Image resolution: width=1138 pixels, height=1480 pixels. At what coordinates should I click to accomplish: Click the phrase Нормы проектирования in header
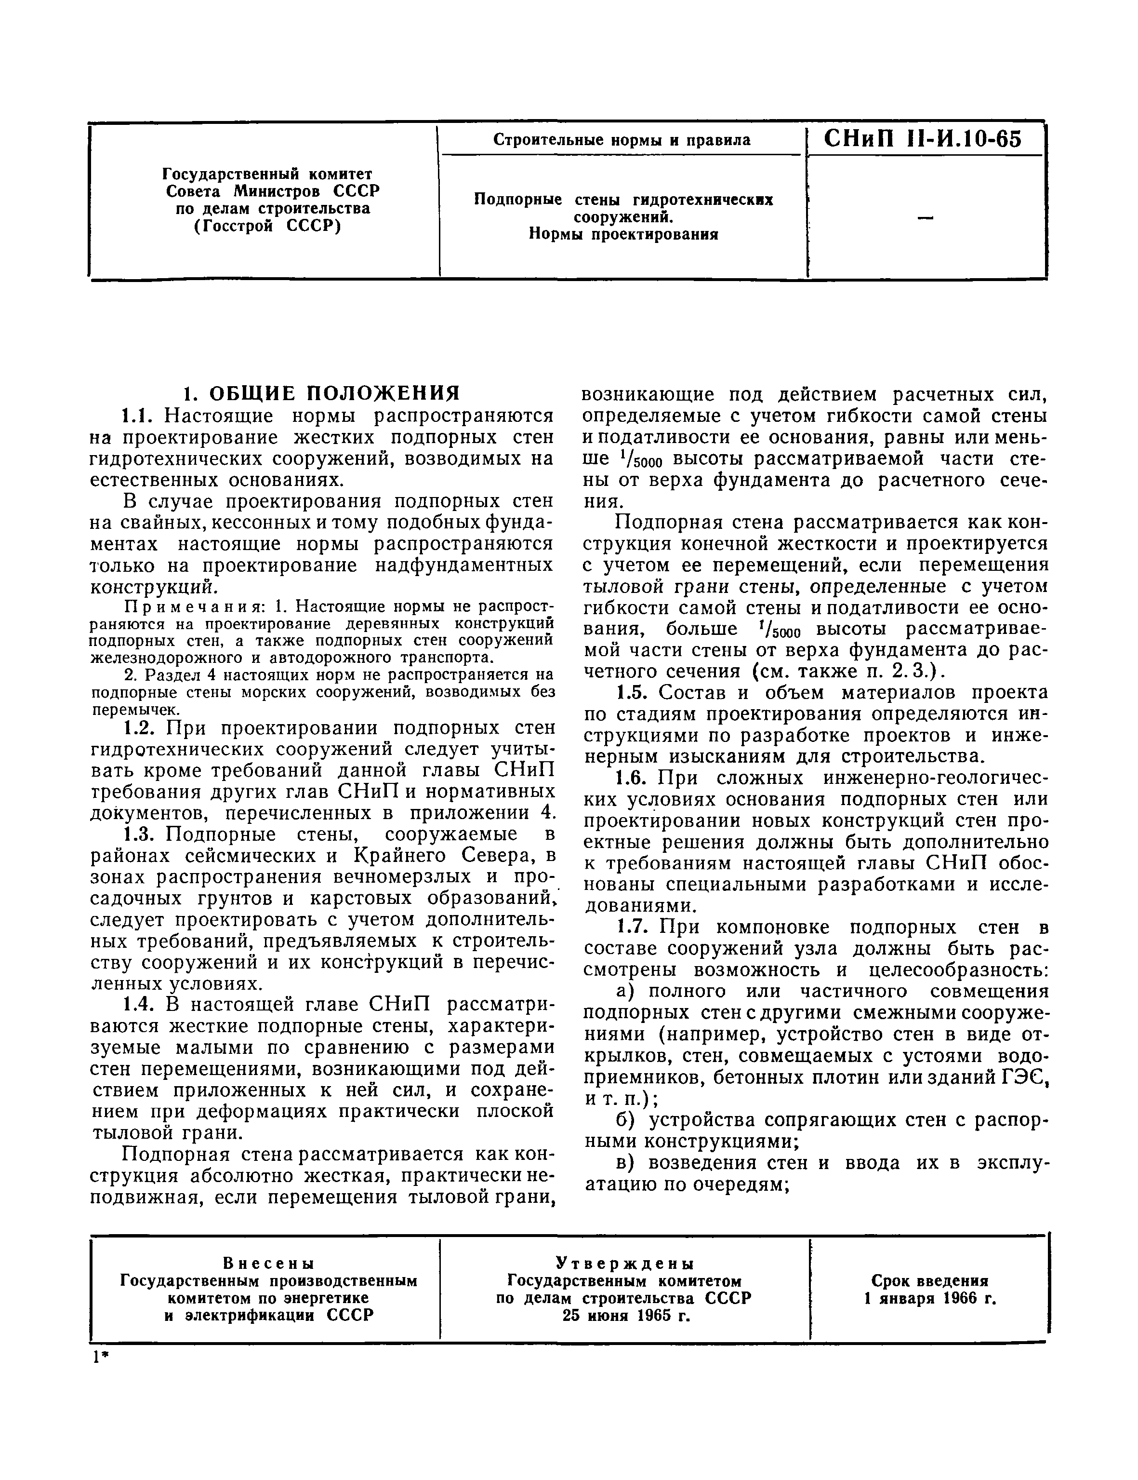(x=622, y=234)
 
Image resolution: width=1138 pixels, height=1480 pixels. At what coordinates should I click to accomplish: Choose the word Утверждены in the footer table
(x=624, y=1263)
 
